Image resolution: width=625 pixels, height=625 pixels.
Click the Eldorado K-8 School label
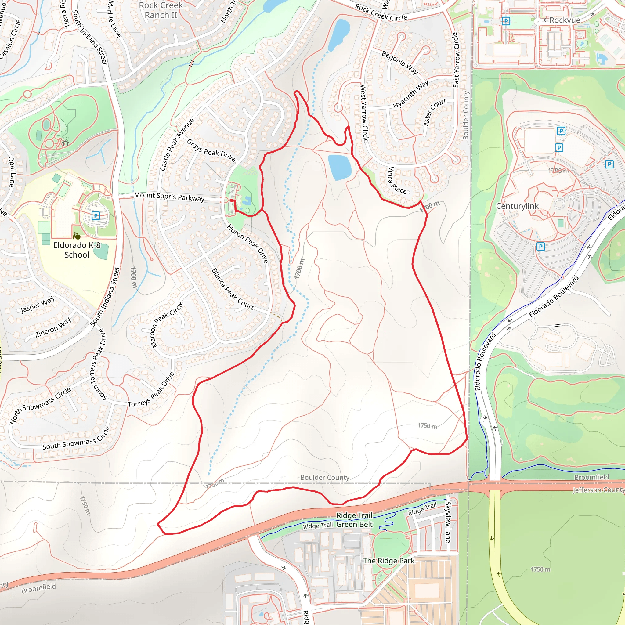(x=77, y=250)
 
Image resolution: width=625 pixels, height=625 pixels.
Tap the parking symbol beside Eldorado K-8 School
(x=96, y=215)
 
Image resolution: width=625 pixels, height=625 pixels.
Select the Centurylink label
(x=517, y=206)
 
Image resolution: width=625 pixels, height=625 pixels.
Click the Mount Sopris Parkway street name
(x=169, y=197)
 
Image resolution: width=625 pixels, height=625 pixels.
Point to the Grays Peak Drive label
(x=211, y=150)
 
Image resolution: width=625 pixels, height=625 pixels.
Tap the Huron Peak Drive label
(x=248, y=244)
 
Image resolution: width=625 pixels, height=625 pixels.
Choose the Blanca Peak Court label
(x=233, y=289)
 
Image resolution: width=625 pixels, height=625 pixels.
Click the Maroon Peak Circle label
(x=167, y=324)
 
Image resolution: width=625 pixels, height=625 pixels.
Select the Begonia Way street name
(x=399, y=63)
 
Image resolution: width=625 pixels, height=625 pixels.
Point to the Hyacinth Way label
(x=410, y=94)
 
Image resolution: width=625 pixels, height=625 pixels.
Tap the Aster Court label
(x=435, y=112)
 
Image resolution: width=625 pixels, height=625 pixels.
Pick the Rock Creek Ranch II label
(x=161, y=10)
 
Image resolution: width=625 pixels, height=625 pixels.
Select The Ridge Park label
(x=388, y=561)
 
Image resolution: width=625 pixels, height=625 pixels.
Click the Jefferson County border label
(x=598, y=490)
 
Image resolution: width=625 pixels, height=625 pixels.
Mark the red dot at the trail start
(x=232, y=201)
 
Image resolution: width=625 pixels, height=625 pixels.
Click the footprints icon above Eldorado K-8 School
(x=77, y=236)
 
